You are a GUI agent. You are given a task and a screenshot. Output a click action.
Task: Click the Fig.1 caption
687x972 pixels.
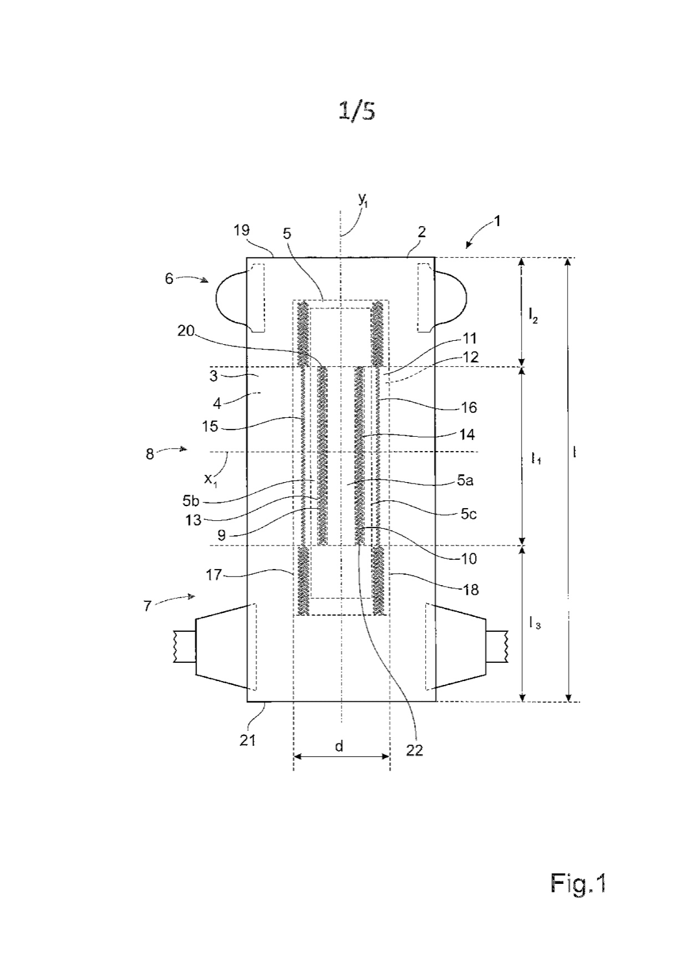[577, 883]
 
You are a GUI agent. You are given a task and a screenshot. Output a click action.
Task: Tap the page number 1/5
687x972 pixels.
[356, 111]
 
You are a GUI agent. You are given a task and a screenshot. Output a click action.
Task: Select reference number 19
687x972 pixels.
[242, 230]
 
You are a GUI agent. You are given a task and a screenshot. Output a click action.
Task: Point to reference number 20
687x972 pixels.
[186, 332]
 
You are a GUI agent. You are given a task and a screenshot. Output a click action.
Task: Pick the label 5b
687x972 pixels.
[191, 501]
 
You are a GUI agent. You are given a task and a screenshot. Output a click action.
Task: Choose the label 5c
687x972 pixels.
[469, 515]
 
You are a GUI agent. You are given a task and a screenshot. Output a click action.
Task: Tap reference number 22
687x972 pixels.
[414, 750]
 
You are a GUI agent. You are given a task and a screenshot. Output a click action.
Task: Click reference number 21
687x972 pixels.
[248, 740]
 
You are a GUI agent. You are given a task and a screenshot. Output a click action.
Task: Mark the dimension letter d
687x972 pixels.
[339, 746]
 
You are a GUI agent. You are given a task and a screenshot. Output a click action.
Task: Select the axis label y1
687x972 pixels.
[363, 200]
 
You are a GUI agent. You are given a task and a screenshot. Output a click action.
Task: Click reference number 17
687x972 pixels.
[214, 575]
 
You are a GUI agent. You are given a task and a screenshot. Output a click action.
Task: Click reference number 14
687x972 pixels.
[467, 434]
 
